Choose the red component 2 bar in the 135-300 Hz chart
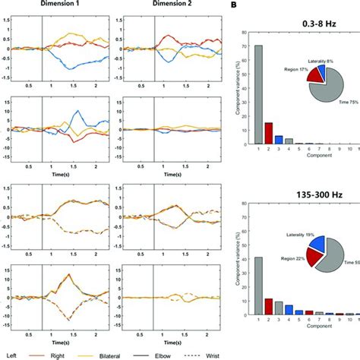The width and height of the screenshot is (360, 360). click(269, 307)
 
